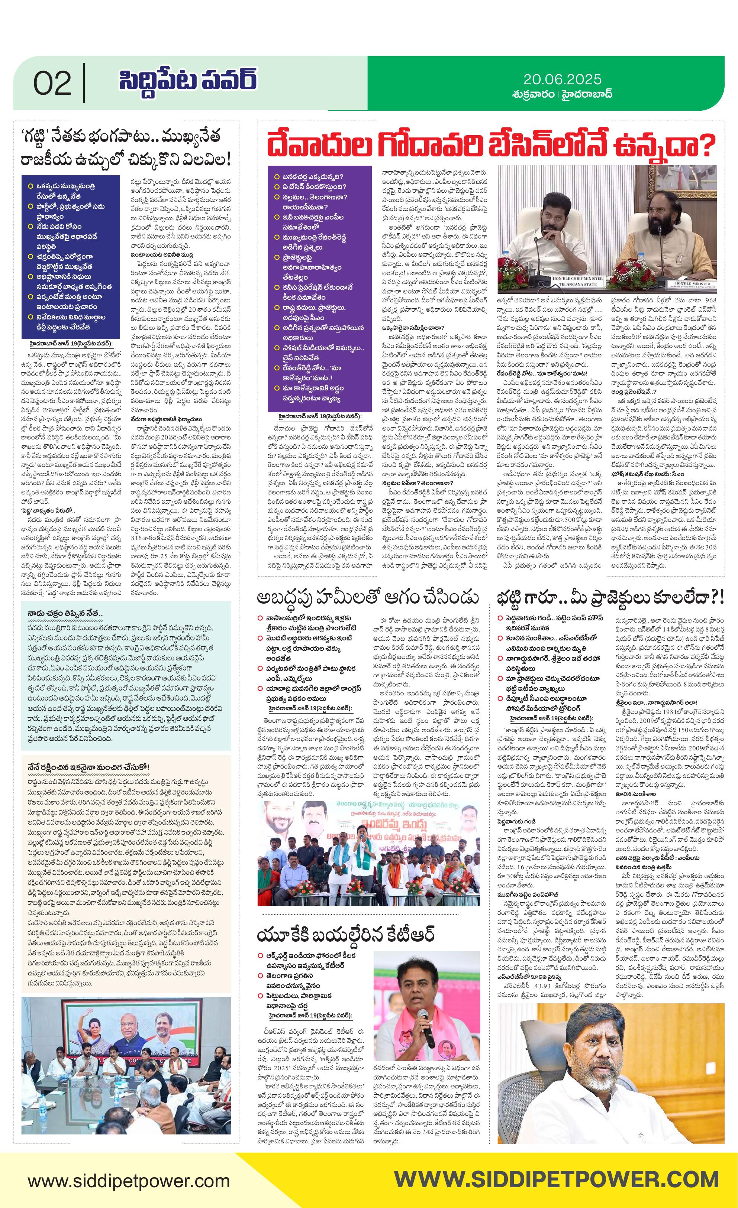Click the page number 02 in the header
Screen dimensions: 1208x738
[x=52, y=84]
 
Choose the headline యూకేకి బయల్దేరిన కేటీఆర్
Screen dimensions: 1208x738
[x=346, y=935]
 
